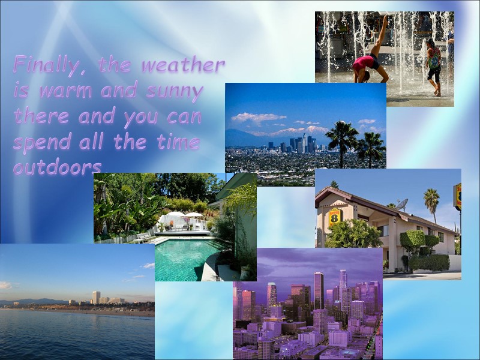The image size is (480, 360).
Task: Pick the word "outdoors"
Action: [57, 168]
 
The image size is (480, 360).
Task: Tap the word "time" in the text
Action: [177, 142]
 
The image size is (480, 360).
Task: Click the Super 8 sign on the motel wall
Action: [335, 215]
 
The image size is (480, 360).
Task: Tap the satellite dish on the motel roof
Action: [401, 203]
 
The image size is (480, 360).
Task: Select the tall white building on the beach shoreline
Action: [96, 297]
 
